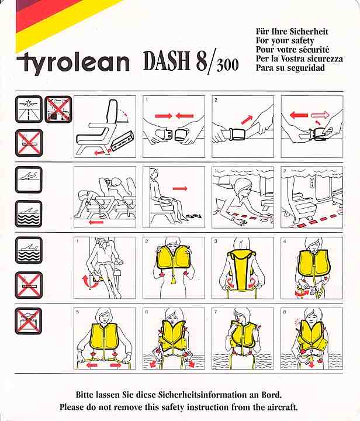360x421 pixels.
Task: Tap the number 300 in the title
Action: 227,65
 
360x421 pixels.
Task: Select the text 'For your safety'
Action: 285,40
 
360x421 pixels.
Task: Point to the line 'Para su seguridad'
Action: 290,68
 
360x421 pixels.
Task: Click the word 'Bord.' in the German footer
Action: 272,395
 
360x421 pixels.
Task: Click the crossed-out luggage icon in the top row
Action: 58,109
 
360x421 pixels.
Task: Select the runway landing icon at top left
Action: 29,109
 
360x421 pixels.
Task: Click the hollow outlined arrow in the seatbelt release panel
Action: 320,115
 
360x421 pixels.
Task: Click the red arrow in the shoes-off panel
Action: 180,188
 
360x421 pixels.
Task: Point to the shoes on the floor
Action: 193,216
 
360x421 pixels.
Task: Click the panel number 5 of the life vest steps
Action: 78,312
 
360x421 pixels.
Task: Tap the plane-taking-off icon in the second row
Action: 29,180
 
